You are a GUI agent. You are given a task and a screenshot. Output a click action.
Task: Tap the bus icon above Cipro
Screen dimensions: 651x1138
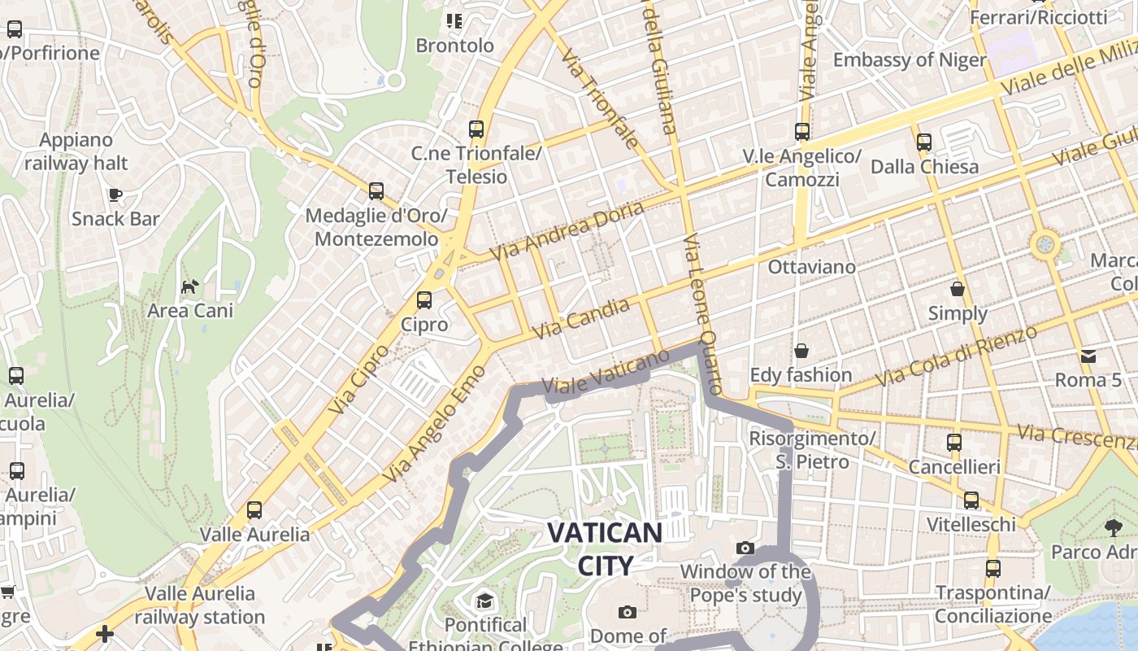click(423, 300)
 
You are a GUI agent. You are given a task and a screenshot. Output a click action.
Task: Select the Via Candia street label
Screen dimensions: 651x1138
click(581, 319)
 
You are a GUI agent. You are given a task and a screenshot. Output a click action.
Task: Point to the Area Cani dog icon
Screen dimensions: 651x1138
click(189, 286)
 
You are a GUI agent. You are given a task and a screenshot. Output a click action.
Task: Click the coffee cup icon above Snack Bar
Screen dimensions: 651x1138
click(115, 194)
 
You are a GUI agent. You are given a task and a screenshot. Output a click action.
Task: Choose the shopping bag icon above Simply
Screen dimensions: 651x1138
click(958, 289)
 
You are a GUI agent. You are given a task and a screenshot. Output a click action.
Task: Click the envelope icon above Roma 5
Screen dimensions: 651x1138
click(1088, 356)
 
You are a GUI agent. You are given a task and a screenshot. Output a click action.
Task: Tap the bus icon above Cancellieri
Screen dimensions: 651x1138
click(953, 443)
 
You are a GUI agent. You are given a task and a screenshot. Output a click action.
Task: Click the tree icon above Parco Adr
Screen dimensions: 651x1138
click(1113, 528)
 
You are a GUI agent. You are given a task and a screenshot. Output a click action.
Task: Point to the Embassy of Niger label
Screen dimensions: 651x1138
click(910, 59)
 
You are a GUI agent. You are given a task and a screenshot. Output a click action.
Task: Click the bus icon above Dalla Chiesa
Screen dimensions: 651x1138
click(923, 142)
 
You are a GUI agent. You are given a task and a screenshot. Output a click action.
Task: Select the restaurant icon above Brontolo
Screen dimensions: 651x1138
click(454, 21)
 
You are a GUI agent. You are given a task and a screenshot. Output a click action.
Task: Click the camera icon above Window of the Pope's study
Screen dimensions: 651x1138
click(745, 548)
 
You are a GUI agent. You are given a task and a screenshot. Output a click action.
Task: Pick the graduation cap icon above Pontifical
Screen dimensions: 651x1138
click(485, 601)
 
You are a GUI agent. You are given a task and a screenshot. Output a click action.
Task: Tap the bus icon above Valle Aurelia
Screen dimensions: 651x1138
click(254, 510)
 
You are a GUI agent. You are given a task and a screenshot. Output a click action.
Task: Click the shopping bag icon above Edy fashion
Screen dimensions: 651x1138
click(801, 351)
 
